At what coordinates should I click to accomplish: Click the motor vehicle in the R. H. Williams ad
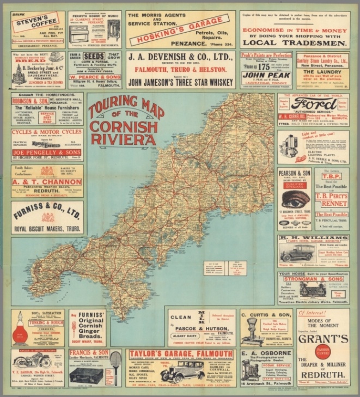pyautogui.click(x=297, y=253)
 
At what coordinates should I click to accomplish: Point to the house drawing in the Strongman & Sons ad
pyautogui.click(x=313, y=289)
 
